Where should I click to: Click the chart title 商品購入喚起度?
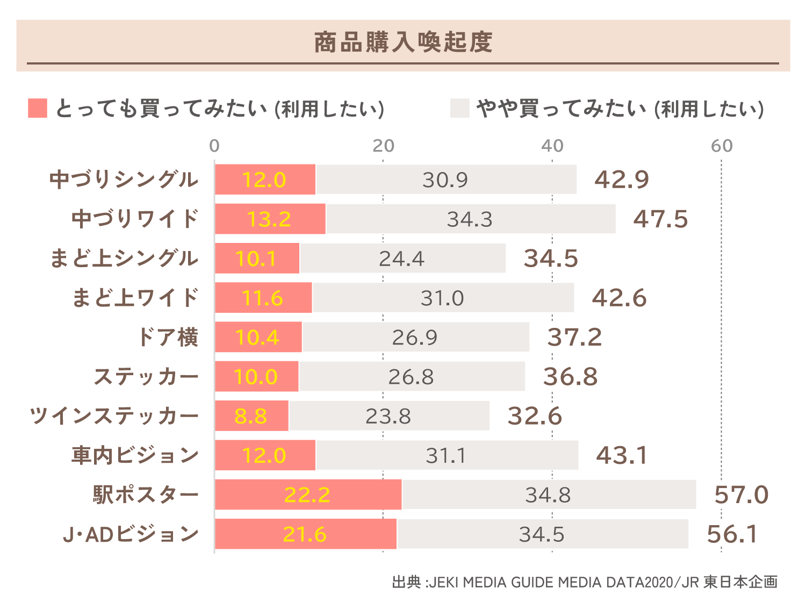tap(403, 42)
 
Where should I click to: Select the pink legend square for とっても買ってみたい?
tap(38, 108)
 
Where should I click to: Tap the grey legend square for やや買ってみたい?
tap(460, 108)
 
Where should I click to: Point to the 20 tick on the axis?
tap(383, 146)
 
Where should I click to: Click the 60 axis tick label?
tap(721, 146)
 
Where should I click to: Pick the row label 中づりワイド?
tap(135, 219)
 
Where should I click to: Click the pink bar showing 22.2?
tap(308, 494)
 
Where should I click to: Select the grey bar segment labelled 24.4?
tap(402, 259)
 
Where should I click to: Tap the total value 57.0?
tap(741, 494)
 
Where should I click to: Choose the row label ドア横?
tap(168, 337)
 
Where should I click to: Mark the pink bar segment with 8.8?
tap(251, 416)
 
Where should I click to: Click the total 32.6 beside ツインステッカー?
tap(535, 416)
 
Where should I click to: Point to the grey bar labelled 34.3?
tap(470, 219)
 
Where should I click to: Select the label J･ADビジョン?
tap(131, 534)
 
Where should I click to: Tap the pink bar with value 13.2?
tap(269, 219)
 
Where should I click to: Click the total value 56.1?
tap(732, 534)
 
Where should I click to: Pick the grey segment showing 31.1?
tap(446, 455)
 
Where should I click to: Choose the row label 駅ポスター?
tap(145, 494)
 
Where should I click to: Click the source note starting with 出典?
tap(585, 582)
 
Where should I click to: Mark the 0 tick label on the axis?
tap(214, 146)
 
